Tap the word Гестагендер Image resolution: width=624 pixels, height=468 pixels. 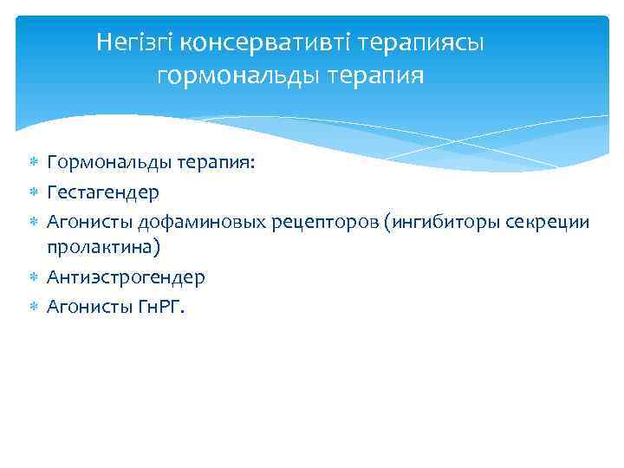104,192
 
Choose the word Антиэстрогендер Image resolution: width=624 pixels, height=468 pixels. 127,277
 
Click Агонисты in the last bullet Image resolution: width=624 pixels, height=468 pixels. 88,306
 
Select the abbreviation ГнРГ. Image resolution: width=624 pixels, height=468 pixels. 159,306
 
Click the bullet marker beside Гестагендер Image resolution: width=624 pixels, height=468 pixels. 34,192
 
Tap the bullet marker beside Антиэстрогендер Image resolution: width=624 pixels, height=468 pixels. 34,277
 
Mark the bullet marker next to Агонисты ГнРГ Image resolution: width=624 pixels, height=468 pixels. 34,306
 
